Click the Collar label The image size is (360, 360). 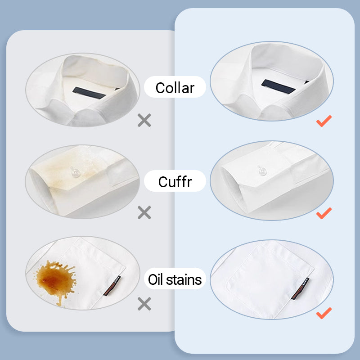pos(175,88)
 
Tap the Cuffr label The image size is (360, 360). pos(175,182)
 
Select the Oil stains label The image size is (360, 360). pos(175,279)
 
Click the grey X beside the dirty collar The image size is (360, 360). pos(144,120)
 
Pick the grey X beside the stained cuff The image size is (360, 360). pos(144,212)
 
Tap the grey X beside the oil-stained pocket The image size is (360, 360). pos(144,304)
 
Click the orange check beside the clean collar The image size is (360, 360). pos(324,121)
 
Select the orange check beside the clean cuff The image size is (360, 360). pos(324,213)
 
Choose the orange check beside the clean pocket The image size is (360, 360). pos(324,313)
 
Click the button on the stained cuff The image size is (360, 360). pos(75,173)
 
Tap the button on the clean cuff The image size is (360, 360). pos(262,171)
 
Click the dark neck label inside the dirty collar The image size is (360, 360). pos(89,93)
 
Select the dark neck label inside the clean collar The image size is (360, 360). pos(278,86)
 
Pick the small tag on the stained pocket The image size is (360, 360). pos(112,286)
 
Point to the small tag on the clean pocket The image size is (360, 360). pos(300,288)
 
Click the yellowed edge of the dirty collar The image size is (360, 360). pos(96,62)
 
